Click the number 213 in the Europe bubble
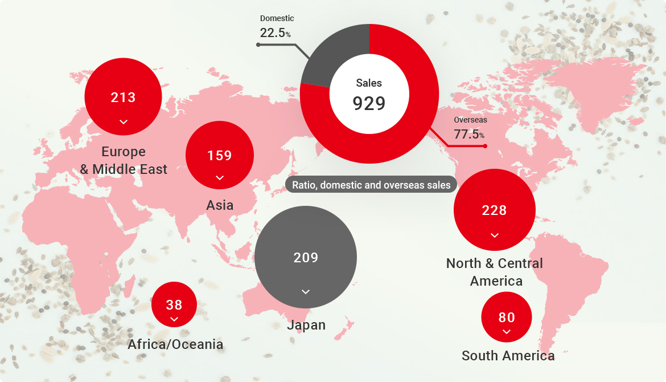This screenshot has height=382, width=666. (x=123, y=97)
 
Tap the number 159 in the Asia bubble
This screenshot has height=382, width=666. (x=220, y=156)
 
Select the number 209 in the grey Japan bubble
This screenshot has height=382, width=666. (x=306, y=258)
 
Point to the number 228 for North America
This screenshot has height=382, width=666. (x=494, y=210)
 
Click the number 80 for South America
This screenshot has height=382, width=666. (x=507, y=318)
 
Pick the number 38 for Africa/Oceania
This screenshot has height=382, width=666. (x=174, y=305)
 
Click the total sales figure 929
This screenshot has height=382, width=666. (x=369, y=104)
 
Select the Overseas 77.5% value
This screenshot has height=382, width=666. (x=469, y=135)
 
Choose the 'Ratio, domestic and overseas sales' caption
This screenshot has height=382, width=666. (x=371, y=185)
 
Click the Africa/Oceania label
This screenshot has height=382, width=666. (x=175, y=344)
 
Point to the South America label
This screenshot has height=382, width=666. (x=508, y=356)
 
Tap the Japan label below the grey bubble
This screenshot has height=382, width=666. (x=306, y=325)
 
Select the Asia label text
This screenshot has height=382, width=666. (x=220, y=205)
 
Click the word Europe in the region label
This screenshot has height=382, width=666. (x=124, y=152)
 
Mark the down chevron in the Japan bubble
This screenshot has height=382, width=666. (x=306, y=292)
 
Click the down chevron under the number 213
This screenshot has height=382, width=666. (x=123, y=121)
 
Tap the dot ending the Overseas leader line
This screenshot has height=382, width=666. (x=485, y=146)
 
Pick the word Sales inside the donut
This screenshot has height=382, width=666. (x=369, y=83)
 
